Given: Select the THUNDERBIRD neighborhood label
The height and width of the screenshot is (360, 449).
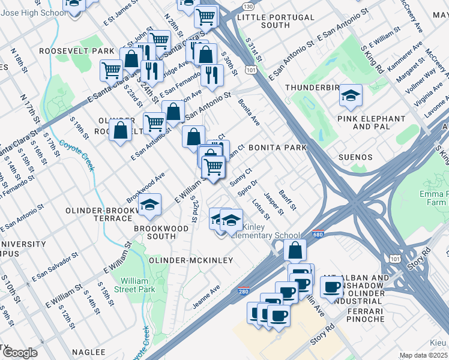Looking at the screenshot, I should click(309, 88).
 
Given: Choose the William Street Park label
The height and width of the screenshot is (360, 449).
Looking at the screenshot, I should click(137, 285).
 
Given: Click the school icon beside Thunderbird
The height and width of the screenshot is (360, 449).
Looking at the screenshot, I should click(351, 95).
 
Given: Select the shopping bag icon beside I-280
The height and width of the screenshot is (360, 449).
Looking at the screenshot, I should click(294, 250).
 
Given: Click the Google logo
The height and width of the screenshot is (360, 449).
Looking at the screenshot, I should click(20, 352).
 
